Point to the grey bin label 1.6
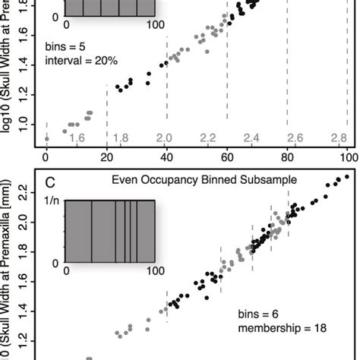(x=77, y=137)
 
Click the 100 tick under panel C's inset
(x=155, y=270)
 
